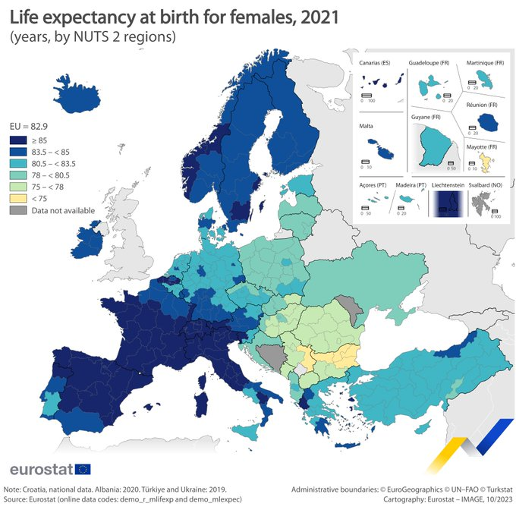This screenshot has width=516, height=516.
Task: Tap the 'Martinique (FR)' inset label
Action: (x=485, y=63)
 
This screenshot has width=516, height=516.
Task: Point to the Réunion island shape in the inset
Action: (x=485, y=119)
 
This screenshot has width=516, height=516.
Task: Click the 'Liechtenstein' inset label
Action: (x=446, y=185)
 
